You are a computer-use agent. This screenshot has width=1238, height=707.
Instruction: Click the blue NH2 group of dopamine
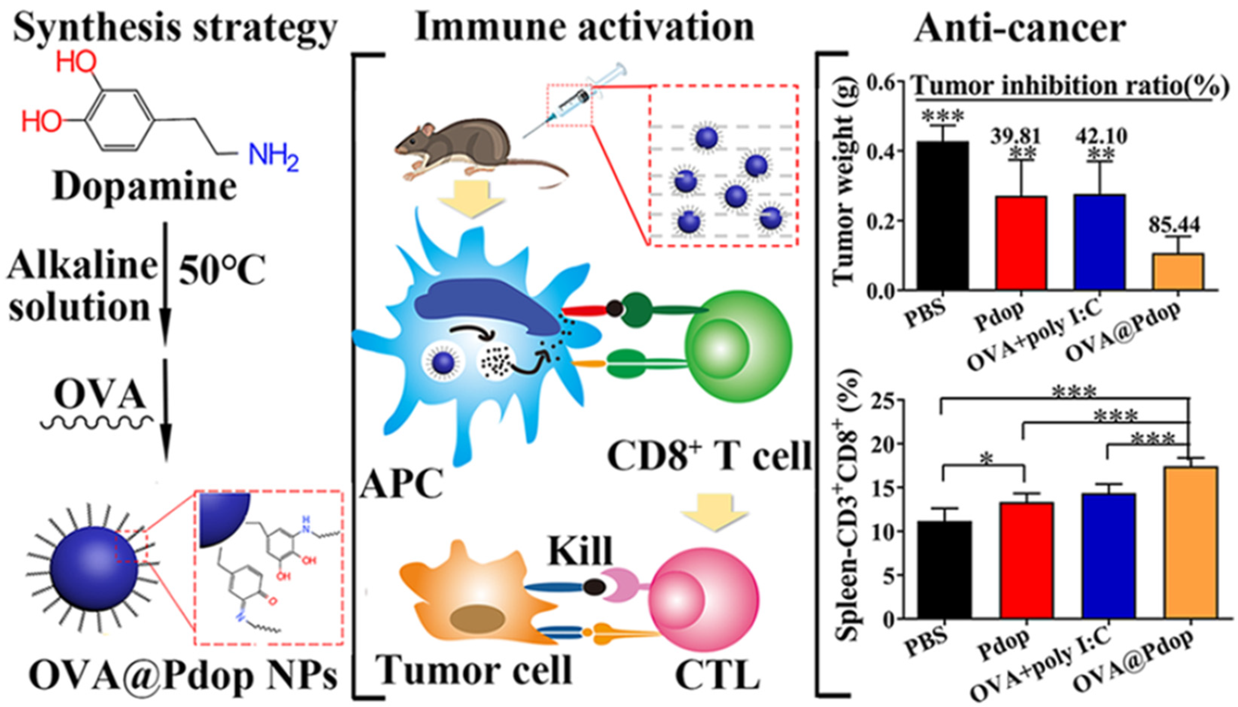tap(273, 157)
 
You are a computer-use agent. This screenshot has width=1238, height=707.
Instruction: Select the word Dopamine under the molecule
tap(144, 187)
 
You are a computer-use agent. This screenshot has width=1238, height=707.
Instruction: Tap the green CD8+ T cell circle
tap(738, 347)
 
